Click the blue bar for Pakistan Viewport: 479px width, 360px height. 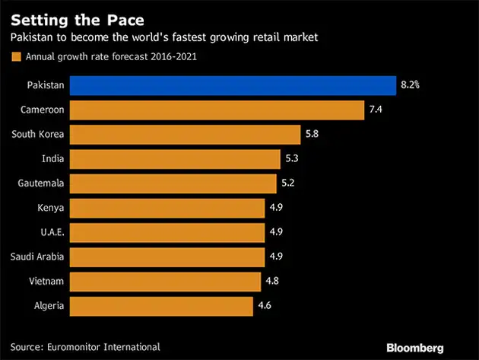(232, 85)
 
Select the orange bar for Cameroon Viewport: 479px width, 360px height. (217, 110)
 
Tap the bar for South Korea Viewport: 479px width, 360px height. (185, 135)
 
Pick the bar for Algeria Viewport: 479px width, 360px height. (160, 306)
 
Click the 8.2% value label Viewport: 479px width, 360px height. (410, 85)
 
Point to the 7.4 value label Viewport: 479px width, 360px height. (376, 110)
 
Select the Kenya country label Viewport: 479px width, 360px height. (49, 208)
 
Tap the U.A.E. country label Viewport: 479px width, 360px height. (49, 232)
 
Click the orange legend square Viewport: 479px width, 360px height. (14, 56)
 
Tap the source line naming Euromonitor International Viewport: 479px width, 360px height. (85, 346)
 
